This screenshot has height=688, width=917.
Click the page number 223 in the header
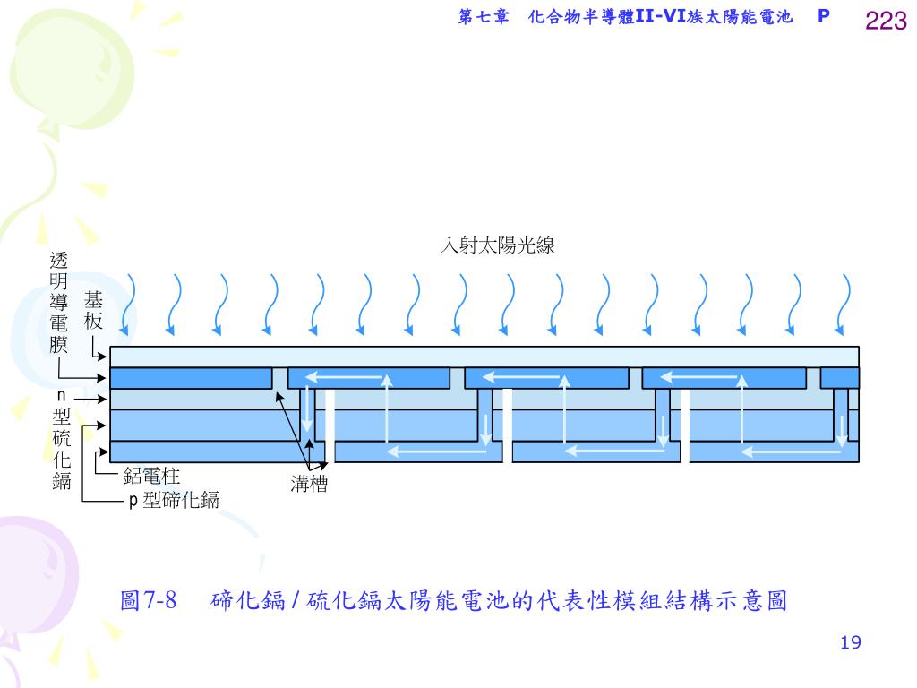coord(886,21)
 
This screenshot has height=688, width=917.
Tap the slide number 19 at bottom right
coord(851,642)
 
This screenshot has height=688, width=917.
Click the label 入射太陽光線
coord(497,245)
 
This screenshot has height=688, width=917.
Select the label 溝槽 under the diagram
coord(309,486)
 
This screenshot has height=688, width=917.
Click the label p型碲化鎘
coord(174,501)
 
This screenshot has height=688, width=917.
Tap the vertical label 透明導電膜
coord(59,302)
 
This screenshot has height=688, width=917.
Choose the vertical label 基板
coord(93,310)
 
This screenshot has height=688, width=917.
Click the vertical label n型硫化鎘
coord(62,440)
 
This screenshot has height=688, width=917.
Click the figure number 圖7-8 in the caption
coord(149,600)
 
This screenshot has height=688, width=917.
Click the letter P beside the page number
coord(824,18)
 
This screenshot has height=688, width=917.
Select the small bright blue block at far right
coord(839,378)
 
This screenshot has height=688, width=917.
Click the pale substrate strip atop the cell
coord(484,357)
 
